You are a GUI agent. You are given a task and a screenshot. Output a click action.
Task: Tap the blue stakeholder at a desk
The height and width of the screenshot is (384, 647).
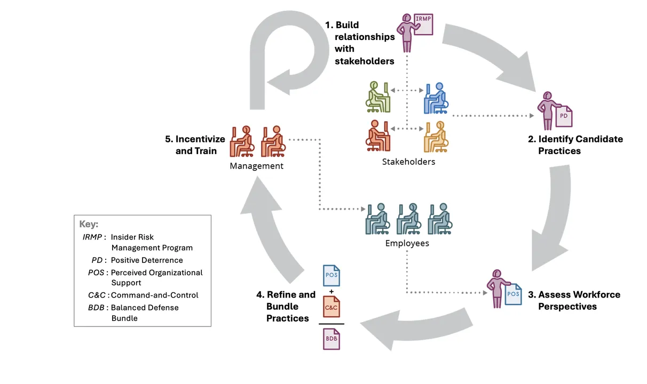[436, 98]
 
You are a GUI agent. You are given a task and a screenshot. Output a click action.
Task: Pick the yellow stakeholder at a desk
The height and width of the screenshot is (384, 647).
[436, 137]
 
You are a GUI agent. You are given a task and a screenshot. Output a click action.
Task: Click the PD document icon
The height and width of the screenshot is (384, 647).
[563, 115]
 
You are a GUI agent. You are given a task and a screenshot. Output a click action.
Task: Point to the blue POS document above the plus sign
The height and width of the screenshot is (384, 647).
[332, 275]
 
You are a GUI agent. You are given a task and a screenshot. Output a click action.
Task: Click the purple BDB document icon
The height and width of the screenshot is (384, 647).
[332, 339]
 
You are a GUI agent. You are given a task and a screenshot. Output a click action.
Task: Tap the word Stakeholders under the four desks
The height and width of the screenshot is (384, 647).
[408, 162]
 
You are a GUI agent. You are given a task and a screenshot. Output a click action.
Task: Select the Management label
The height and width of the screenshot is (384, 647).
[256, 166]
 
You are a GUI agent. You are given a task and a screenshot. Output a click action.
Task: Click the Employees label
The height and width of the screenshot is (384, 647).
[407, 244]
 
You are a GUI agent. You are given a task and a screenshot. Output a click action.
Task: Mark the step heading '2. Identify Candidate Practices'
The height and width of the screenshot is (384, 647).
[575, 145]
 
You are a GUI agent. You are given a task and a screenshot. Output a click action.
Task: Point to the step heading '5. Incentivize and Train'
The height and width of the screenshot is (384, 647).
[195, 145]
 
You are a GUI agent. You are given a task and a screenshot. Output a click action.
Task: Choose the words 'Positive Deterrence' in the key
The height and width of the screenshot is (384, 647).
[147, 260]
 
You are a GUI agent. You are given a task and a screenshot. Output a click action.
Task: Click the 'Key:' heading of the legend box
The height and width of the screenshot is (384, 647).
[89, 224]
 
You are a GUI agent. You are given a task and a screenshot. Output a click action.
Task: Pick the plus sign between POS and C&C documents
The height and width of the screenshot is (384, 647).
[332, 291]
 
